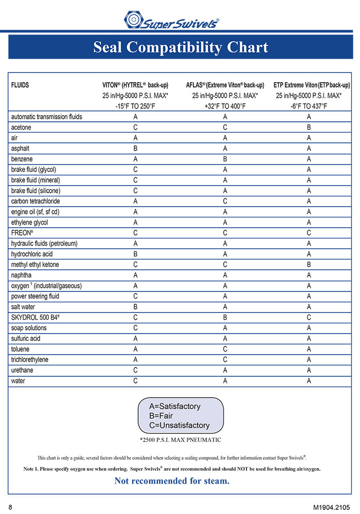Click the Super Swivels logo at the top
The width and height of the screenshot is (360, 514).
pyautogui.click(x=172, y=21)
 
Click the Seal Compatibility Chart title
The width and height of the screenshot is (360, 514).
pyautogui.click(x=180, y=47)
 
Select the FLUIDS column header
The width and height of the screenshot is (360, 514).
pyautogui.click(x=20, y=85)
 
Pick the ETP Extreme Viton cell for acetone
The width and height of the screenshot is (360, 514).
pyautogui.click(x=309, y=127)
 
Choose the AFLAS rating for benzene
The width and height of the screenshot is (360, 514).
pyautogui.click(x=225, y=159)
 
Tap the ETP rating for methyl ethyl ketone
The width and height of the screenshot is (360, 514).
pyautogui.click(x=309, y=265)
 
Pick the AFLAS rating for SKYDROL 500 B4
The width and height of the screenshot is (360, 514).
pyautogui.click(x=225, y=317)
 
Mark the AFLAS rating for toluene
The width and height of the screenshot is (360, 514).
pyautogui.click(x=225, y=349)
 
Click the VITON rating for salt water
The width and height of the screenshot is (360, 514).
pyautogui.click(x=135, y=307)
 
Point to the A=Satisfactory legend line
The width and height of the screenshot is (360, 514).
pyautogui.click(x=174, y=406)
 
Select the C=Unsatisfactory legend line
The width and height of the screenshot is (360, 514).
pyautogui.click(x=179, y=425)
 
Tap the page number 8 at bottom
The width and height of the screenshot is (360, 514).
pyautogui.click(x=10, y=507)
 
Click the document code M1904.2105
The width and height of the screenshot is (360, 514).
pyautogui.click(x=332, y=507)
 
